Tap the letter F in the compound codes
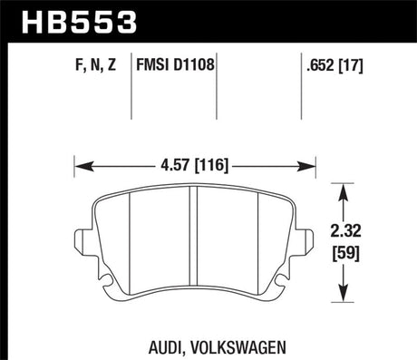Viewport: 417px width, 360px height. [73, 65]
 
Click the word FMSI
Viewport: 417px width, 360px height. [156, 65]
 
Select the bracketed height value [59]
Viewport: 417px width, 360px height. [349, 250]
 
